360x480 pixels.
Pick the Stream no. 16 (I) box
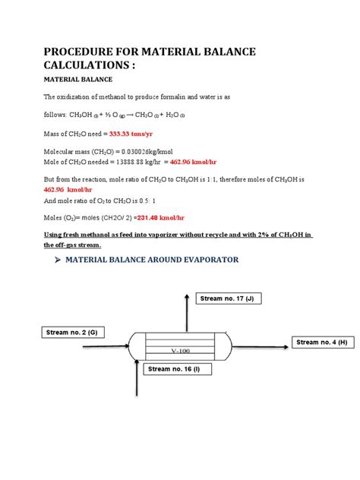point(174,368)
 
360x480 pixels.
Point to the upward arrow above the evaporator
point(186,304)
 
